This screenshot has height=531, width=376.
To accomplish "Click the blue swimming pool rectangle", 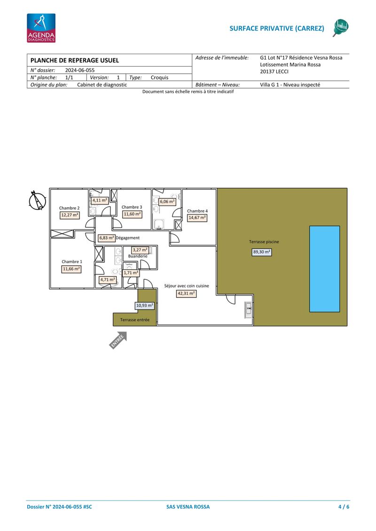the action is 324,269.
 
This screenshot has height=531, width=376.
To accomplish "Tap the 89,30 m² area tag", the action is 262,252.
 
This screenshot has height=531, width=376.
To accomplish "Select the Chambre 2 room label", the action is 69,208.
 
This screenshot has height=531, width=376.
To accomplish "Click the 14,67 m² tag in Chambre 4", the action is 197,218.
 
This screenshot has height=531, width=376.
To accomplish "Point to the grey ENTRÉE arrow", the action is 118,340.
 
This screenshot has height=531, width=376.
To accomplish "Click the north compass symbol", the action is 37,200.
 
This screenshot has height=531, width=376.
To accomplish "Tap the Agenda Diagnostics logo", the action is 41,28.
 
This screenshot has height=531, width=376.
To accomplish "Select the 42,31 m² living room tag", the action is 187,294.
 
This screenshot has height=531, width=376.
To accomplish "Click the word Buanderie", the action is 138,256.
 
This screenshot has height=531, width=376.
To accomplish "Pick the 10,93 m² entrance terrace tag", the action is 145,305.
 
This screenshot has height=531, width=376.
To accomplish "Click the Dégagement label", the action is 127,238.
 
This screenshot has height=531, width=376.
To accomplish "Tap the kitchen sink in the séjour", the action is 249,310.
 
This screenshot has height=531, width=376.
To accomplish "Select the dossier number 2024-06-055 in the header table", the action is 80,70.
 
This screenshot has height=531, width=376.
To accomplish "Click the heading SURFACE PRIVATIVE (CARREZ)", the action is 277,29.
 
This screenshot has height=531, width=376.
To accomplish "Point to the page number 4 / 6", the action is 344,507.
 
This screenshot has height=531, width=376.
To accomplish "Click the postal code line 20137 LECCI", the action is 274,71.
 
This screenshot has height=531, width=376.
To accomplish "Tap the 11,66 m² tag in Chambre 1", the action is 71,269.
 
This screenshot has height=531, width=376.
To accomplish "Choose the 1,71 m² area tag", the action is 131,273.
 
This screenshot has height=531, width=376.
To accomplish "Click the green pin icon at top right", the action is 341,28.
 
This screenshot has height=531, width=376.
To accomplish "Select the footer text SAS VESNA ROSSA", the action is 188,507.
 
